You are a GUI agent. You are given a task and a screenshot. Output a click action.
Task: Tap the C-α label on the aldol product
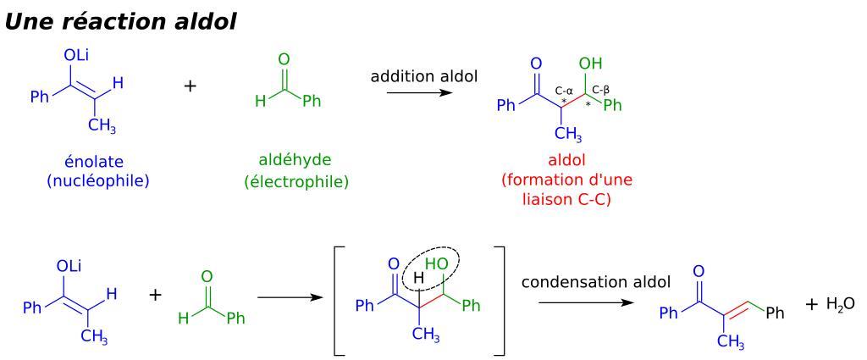coord(566,89)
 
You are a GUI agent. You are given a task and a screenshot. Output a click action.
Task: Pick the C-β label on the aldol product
coord(602,89)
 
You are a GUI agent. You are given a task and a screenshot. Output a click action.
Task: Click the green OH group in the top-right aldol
coord(592,64)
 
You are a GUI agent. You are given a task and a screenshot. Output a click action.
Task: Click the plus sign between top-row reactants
coord(191,86)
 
